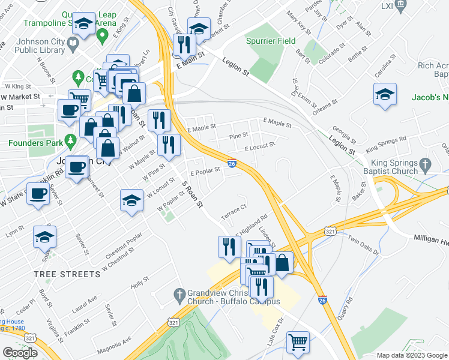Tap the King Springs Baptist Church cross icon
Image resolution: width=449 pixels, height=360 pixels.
coord(425,164)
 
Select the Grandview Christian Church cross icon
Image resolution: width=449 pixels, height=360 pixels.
coord(178,295)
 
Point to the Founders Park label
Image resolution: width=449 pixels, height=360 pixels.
coord(34,143)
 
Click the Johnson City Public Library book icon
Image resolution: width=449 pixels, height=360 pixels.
coord(72,44)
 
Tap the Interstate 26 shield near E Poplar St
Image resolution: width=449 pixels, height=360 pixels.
coord(232,163)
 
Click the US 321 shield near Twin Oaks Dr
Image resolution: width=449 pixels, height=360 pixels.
coord(330,230)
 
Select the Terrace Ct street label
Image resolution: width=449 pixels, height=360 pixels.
coord(234,211)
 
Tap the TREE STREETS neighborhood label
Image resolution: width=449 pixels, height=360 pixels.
coord(67,274)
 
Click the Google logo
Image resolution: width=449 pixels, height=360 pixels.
coord(20,353)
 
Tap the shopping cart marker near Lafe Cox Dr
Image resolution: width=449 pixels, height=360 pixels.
coord(298,342)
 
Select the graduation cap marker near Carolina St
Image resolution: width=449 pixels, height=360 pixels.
coord(385,94)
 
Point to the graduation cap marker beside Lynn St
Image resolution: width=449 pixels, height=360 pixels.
coord(44,237)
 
